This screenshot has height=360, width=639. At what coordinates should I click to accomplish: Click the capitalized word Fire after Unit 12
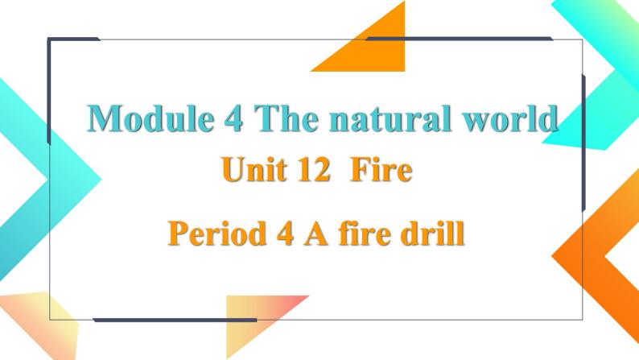pyautogui.click(x=382, y=171)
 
